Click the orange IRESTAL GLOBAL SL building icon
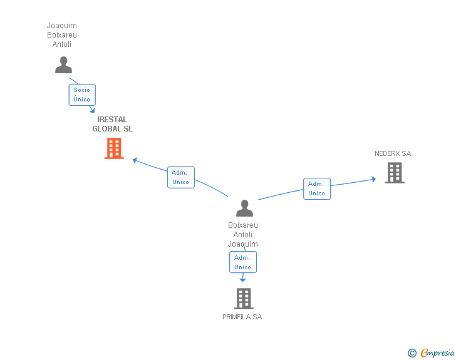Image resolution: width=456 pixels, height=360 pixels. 114,148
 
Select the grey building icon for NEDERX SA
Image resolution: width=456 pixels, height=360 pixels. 395,173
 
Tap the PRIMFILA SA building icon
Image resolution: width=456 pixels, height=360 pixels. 244,299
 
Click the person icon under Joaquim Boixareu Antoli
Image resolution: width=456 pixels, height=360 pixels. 63,65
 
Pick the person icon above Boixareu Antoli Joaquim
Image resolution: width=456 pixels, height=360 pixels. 244,208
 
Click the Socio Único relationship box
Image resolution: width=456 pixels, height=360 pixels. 82,95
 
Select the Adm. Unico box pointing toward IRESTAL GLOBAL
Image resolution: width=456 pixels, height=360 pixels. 181,177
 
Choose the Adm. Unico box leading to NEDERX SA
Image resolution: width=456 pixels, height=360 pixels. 317,188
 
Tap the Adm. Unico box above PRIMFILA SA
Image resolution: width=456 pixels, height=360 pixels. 243,262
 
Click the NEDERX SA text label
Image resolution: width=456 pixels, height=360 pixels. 393,153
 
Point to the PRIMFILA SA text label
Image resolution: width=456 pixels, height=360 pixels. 242,317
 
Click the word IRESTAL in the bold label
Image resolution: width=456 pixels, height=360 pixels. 112,120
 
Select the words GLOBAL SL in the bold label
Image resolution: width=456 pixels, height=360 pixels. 113,129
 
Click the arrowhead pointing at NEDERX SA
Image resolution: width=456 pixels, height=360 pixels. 373,179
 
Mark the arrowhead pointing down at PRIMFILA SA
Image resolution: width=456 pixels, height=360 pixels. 242,280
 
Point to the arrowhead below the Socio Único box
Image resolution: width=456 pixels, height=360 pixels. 93,110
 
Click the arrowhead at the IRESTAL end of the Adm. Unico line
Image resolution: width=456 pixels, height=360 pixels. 135,160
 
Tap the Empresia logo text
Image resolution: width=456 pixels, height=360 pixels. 437,352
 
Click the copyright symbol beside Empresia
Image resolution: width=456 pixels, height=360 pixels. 412,353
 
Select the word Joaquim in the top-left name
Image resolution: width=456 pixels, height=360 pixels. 62,26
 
